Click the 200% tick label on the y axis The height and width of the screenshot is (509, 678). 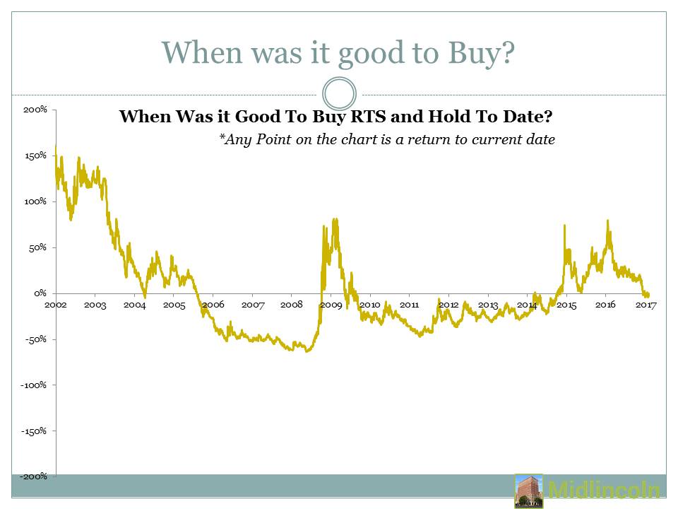pos(35,110)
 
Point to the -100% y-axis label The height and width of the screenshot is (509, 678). pos(33,385)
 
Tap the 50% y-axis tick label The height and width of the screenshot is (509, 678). pos(37,247)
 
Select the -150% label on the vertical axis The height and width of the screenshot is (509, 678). pos(33,431)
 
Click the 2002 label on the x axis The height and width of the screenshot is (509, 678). pos(56,305)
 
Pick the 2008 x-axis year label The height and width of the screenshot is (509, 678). pos(292,305)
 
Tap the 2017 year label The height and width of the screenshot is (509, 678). pos(646,305)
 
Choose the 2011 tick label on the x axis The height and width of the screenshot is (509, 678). pos(410,305)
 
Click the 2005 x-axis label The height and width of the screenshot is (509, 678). pos(174,305)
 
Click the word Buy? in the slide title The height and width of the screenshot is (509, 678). pos(481,53)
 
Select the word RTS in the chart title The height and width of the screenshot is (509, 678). pos(369,117)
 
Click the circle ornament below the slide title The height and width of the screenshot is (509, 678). pos(339,78)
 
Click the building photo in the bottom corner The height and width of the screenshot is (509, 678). pos(528,491)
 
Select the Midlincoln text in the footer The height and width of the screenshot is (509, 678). pos(604,490)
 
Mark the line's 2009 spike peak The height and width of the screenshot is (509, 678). pos(335,219)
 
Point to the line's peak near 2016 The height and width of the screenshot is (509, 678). pos(608,221)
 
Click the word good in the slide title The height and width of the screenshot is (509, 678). pos(372,53)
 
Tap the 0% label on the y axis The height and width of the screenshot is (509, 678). pos(40,293)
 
